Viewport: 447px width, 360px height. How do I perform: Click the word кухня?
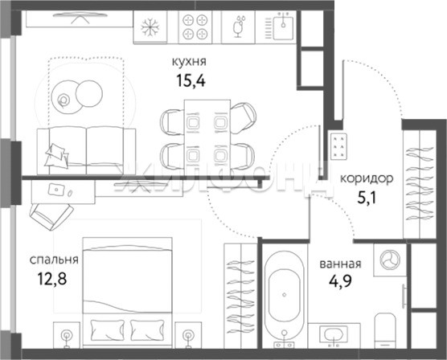pos(189,62)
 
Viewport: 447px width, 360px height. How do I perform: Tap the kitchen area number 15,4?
pos(191,80)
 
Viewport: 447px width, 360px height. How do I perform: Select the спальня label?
pos(54,260)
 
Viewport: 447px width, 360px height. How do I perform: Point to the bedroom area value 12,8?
pos(52,279)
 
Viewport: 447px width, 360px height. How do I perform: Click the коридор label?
pos(367,178)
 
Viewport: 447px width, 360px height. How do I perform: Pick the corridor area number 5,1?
pos(367,198)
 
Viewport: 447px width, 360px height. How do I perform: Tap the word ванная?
pos(340,264)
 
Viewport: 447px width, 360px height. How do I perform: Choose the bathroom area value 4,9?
pos(340,281)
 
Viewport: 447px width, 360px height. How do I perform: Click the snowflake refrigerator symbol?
pos(150,27)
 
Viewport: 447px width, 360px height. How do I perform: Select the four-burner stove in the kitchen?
pos(195,27)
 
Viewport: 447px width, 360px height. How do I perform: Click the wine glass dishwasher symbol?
pos(238,27)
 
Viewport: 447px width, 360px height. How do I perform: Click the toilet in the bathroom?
pos(385,330)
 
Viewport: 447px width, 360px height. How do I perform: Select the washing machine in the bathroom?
pos(390,260)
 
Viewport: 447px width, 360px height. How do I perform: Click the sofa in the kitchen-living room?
pos(86,150)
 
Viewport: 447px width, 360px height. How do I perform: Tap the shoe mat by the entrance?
pos(338,146)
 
